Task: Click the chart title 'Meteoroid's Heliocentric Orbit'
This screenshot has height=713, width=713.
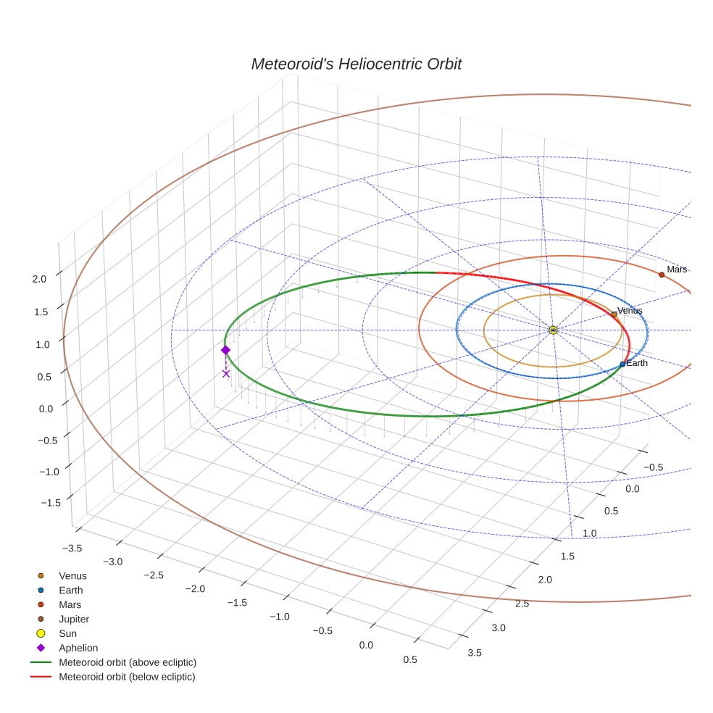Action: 356,64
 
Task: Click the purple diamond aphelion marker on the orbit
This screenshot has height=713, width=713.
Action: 225,350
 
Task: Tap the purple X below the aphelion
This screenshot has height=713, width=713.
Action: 226,374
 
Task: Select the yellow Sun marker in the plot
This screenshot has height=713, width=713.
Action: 553,330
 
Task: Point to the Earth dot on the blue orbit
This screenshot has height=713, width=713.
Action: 622,364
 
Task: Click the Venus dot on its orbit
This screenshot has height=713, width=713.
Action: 614,314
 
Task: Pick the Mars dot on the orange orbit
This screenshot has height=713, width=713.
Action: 662,275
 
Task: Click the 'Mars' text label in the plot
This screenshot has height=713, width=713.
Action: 677,270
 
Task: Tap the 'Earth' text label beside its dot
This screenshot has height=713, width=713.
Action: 637,363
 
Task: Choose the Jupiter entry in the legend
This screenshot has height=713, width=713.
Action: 73,619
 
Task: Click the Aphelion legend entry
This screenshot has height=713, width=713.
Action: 78,648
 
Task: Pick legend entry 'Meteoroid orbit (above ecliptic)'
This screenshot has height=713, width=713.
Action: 127,662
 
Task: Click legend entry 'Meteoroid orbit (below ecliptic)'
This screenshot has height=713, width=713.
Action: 127,677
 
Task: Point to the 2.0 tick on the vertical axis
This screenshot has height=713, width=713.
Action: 40,278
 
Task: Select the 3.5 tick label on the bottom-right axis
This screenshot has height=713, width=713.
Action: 475,652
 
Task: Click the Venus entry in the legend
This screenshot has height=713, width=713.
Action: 72,575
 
